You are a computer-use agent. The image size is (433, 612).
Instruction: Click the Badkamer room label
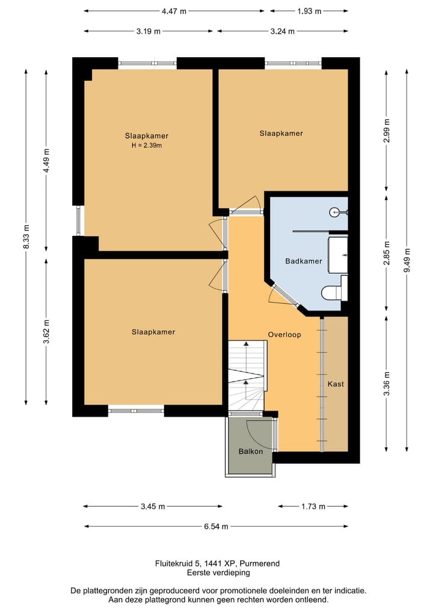tap(304, 261)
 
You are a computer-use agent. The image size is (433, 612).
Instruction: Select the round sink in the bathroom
tap(336, 212)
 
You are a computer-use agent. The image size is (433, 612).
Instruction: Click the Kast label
tap(336, 384)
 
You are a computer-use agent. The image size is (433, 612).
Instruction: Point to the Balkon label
tap(250, 451)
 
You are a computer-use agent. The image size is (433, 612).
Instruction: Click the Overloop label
tap(284, 335)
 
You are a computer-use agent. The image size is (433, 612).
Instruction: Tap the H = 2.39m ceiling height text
tap(147, 146)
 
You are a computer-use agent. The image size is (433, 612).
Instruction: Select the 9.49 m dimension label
tap(407, 261)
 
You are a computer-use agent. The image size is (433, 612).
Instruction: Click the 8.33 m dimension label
tap(26, 236)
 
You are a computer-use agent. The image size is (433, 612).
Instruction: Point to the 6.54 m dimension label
tap(216, 527)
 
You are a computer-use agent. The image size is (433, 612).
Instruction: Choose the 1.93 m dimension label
tap(309, 11)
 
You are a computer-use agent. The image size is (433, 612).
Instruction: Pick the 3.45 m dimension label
tap(153, 507)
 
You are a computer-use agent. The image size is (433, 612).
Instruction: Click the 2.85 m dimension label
tap(387, 253)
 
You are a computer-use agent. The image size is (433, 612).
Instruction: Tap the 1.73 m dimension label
tap(313, 507)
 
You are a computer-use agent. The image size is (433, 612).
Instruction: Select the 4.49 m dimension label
tap(46, 161)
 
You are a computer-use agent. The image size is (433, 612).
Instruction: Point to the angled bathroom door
tap(284, 295)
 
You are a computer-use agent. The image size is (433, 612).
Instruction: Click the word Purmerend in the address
tap(259, 564)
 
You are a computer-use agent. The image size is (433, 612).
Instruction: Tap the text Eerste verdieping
tap(218, 573)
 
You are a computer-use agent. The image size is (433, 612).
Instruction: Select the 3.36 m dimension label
tap(387, 383)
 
